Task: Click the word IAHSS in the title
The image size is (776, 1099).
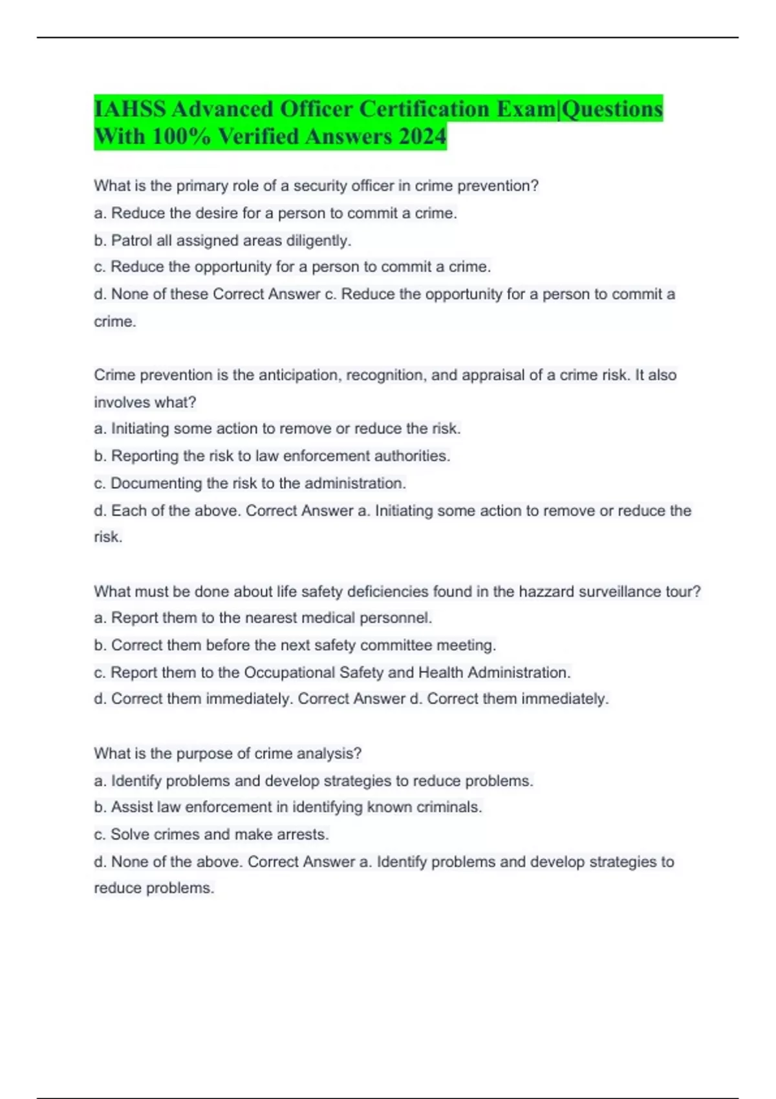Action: point(129,109)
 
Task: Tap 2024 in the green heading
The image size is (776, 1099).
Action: point(422,136)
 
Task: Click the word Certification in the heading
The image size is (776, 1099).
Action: point(425,109)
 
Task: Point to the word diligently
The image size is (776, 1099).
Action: point(319,240)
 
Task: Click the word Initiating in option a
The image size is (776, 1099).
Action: point(140,429)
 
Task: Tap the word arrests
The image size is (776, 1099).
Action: point(302,835)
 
